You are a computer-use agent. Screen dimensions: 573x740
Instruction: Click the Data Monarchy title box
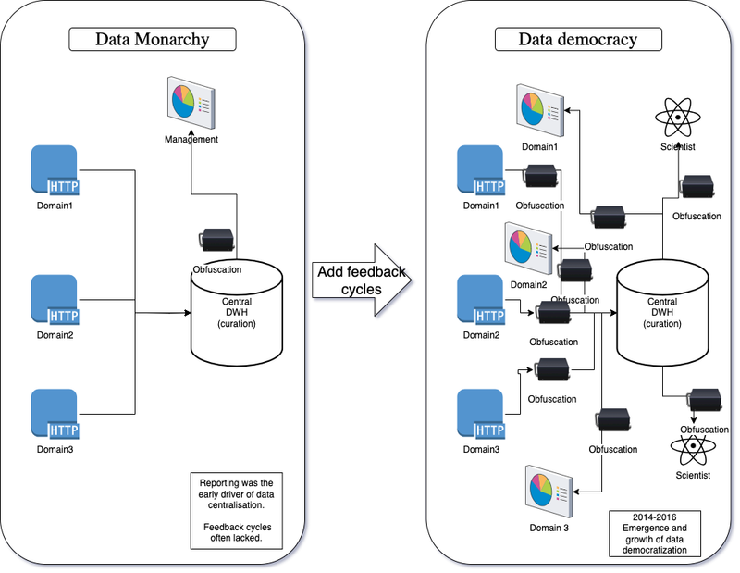(153, 39)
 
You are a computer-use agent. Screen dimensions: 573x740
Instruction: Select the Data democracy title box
(578, 39)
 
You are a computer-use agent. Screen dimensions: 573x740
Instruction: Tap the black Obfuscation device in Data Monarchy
(216, 238)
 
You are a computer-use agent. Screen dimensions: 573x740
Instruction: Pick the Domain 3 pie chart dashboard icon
(547, 492)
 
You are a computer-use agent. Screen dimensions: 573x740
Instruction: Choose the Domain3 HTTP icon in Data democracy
(482, 416)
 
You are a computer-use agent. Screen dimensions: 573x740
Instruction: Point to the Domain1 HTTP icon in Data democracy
(482, 171)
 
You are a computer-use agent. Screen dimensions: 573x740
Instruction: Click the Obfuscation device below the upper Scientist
(697, 186)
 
